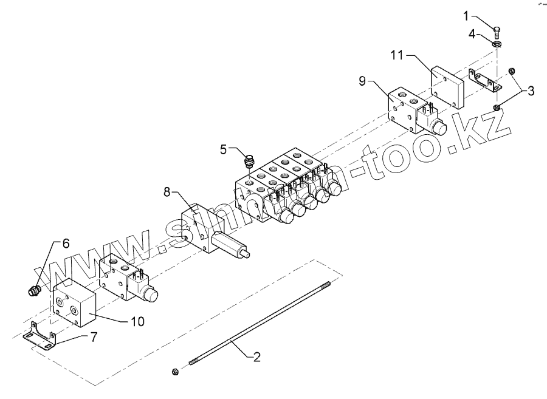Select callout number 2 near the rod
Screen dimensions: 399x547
(256, 358)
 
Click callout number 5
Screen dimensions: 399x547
(223, 148)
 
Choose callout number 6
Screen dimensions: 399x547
(66, 242)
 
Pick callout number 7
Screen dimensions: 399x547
(94, 336)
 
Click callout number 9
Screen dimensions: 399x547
(362, 81)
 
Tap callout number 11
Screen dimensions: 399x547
(397, 55)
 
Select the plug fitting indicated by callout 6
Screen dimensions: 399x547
(35, 290)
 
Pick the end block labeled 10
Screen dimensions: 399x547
(75, 303)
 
